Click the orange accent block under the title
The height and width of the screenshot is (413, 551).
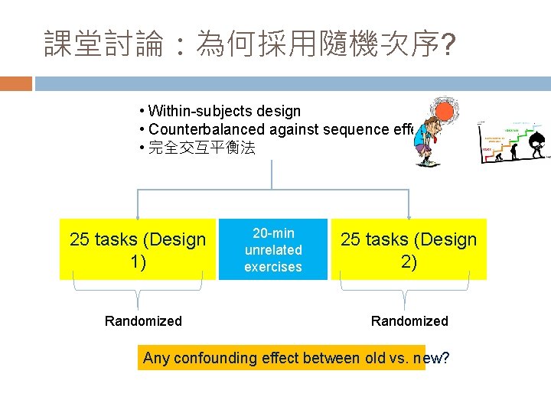pos(16,83)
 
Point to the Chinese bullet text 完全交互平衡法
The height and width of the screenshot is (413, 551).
pos(201,148)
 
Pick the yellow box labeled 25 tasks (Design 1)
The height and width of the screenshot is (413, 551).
pos(138,250)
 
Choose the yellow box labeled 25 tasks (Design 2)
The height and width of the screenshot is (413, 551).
pos(409,250)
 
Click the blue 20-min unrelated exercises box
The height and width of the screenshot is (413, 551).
pos(273,250)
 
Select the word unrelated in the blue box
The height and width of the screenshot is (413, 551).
pos(273,250)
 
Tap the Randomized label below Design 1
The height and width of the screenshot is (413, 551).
pos(143,321)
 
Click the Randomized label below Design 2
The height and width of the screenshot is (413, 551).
pos(409,321)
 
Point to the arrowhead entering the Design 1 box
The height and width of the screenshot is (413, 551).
pos(138,216)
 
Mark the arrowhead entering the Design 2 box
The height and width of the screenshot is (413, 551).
pos(409,216)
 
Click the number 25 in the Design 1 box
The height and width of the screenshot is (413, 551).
pos(80,240)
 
